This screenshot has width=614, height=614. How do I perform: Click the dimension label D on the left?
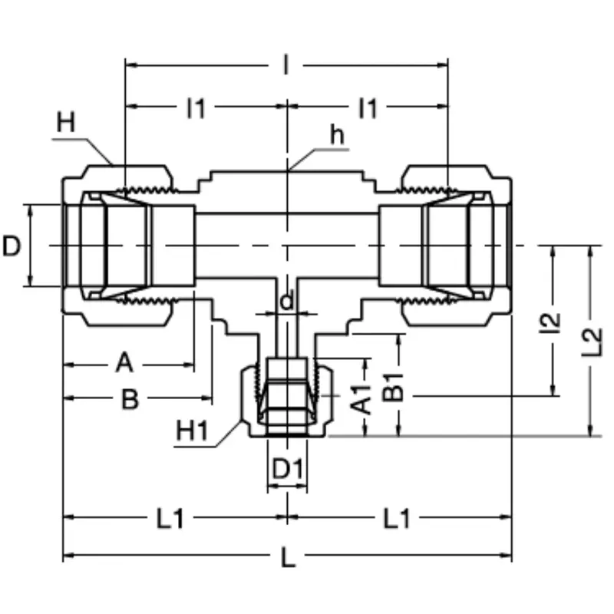point(12,246)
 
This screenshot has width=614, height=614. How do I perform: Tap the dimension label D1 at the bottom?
point(287,468)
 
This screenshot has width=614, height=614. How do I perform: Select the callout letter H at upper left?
point(66,122)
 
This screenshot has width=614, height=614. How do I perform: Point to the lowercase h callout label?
point(337,135)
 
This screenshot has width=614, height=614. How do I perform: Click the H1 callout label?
point(193,431)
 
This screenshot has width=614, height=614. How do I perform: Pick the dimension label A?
point(125,362)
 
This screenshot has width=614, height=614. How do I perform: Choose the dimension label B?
point(130,399)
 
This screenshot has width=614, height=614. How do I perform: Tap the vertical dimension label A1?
point(361,399)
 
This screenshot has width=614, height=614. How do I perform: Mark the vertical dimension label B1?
point(393,388)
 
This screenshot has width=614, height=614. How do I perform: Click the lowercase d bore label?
point(287,301)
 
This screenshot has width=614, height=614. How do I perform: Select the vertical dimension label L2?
point(591,342)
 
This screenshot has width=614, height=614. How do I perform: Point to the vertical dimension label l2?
point(550,323)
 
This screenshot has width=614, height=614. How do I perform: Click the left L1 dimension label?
point(170,519)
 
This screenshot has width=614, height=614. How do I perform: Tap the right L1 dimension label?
point(397,519)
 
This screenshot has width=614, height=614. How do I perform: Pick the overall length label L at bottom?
point(289,558)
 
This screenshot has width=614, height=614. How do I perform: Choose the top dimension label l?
point(286,65)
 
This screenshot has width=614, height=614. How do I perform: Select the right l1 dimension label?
point(368,108)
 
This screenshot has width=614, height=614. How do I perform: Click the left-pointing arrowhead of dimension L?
point(68,555)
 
